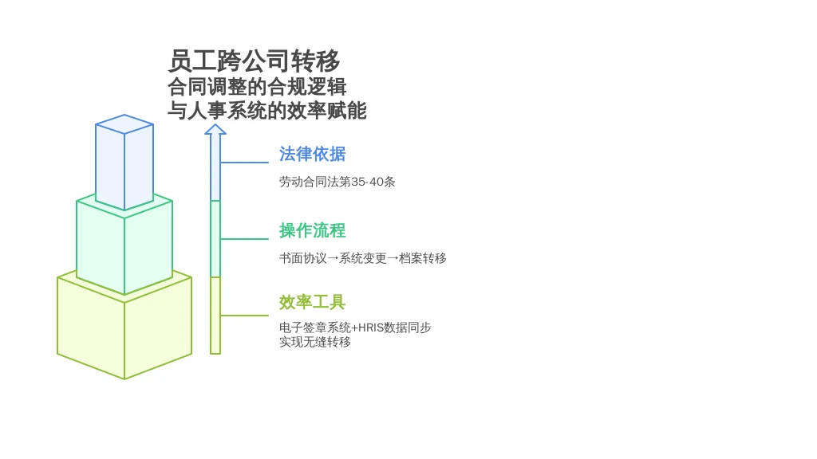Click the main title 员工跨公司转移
tap(254, 61)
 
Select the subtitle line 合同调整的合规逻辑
tap(257, 87)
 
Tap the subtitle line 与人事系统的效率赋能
tap(266, 110)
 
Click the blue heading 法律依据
tap(312, 154)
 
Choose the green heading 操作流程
tap(312, 230)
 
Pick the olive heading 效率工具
tap(312, 302)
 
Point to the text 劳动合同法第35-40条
tap(337, 182)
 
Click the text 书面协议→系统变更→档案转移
tap(363, 258)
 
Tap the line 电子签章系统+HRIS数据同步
tap(355, 328)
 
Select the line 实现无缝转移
tap(314, 342)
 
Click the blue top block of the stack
tap(124, 162)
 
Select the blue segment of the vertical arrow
tap(215, 167)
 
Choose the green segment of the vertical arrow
tap(215, 239)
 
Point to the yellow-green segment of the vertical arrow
tap(215, 316)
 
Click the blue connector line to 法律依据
tap(244, 163)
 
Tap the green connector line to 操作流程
tap(244, 239)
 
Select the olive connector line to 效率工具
tap(244, 316)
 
